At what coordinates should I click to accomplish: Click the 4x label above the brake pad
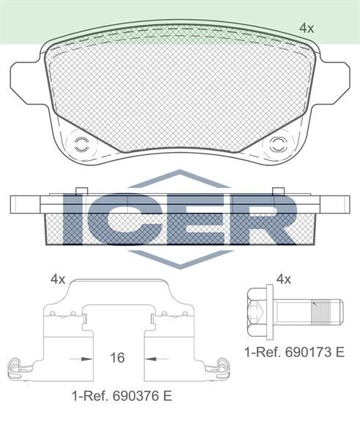pos(307,29)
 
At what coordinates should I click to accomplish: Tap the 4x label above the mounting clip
pos(58,279)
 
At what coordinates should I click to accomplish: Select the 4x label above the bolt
pos(284,279)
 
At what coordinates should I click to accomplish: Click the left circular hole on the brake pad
pos(81,143)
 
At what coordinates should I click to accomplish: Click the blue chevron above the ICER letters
pos(179,179)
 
